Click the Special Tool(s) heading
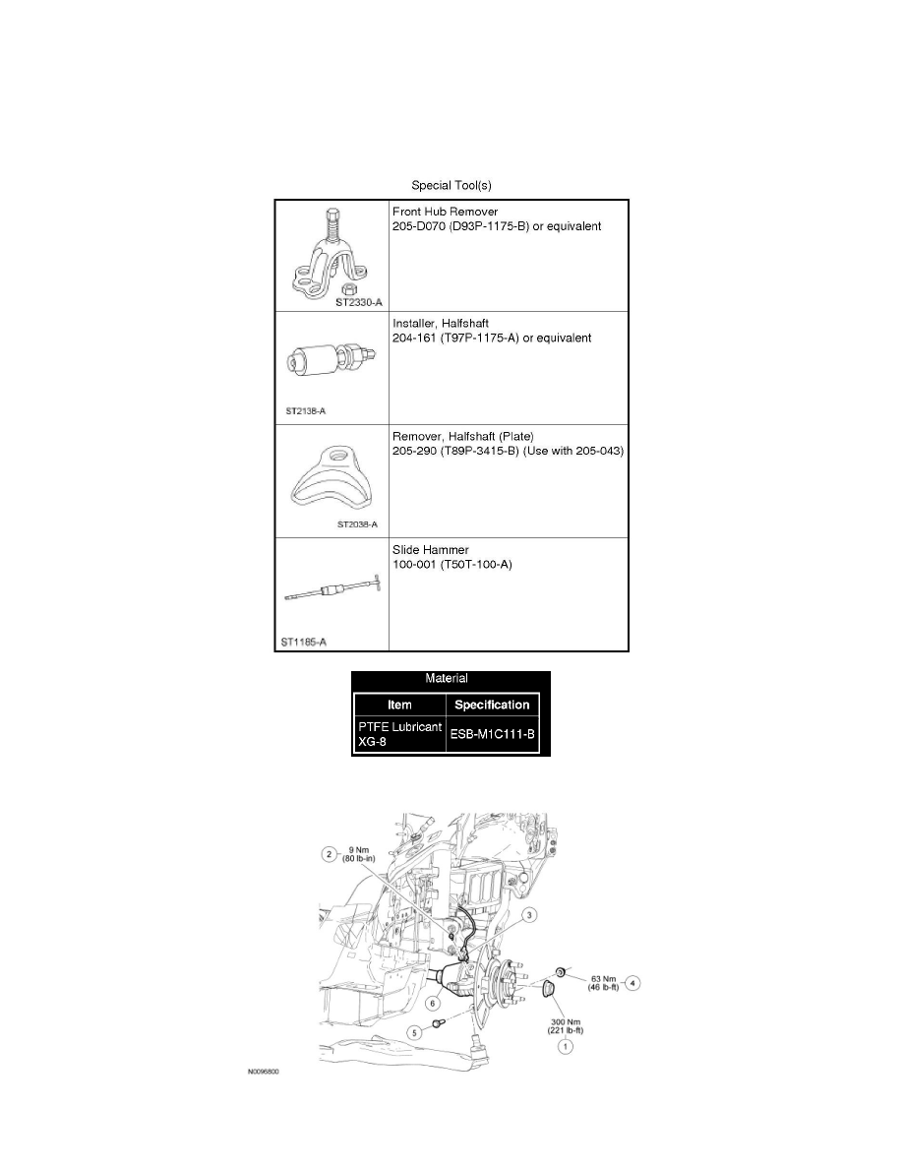click(451, 185)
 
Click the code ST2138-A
click(306, 411)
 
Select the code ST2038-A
click(357, 524)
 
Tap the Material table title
click(451, 678)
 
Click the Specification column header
click(493, 705)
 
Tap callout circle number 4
click(633, 981)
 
